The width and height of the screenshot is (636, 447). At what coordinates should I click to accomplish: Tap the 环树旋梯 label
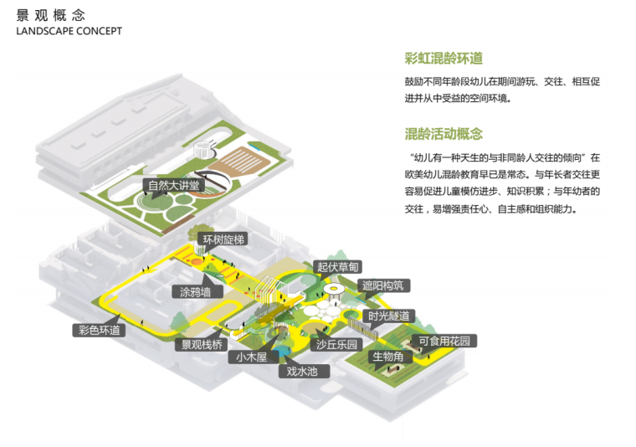point(221,239)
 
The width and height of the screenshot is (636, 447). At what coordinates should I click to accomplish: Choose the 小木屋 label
point(250,357)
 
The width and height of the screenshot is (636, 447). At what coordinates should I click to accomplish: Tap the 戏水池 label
point(302,370)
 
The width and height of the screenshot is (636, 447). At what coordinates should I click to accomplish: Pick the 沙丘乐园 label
point(336,344)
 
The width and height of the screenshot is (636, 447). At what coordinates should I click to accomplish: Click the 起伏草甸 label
point(337,267)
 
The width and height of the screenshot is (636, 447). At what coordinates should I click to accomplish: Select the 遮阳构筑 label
point(382,285)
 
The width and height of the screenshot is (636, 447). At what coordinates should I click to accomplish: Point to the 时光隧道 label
point(389,316)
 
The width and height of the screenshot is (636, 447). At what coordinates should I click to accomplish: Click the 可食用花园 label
point(448,341)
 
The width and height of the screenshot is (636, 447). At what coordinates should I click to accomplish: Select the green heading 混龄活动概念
point(444,134)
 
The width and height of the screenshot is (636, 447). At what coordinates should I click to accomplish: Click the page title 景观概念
point(49,14)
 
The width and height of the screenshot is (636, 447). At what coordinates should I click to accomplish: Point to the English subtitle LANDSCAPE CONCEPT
point(69,31)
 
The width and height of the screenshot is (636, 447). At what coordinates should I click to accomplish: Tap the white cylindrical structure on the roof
point(202,150)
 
